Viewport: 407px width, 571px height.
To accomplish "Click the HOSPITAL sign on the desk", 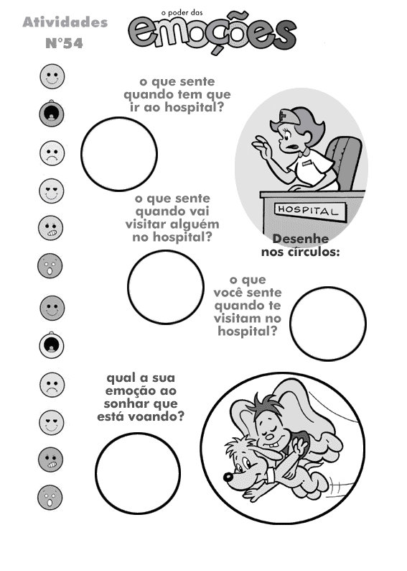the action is [310, 211].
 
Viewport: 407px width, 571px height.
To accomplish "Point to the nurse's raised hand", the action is [261, 147].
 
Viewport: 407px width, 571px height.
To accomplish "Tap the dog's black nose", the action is [228, 477].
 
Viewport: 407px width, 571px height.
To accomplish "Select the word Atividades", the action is [65, 22].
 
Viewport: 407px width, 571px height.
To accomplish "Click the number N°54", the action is [65, 43].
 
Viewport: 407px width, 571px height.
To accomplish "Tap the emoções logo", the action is [212, 35].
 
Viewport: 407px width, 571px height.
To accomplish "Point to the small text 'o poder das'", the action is [182, 13].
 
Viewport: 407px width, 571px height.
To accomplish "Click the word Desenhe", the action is [301, 239].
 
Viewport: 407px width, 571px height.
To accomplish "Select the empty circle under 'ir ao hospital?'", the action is [119, 154].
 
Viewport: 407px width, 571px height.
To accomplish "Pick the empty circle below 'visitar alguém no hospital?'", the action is [166, 287].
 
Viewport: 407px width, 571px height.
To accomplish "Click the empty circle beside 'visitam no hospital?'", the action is [328, 324].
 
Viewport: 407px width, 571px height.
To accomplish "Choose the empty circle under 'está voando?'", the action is [138, 473].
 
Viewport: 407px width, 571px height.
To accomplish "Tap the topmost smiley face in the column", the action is [52, 76].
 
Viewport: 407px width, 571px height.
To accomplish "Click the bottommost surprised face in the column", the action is [50, 498].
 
